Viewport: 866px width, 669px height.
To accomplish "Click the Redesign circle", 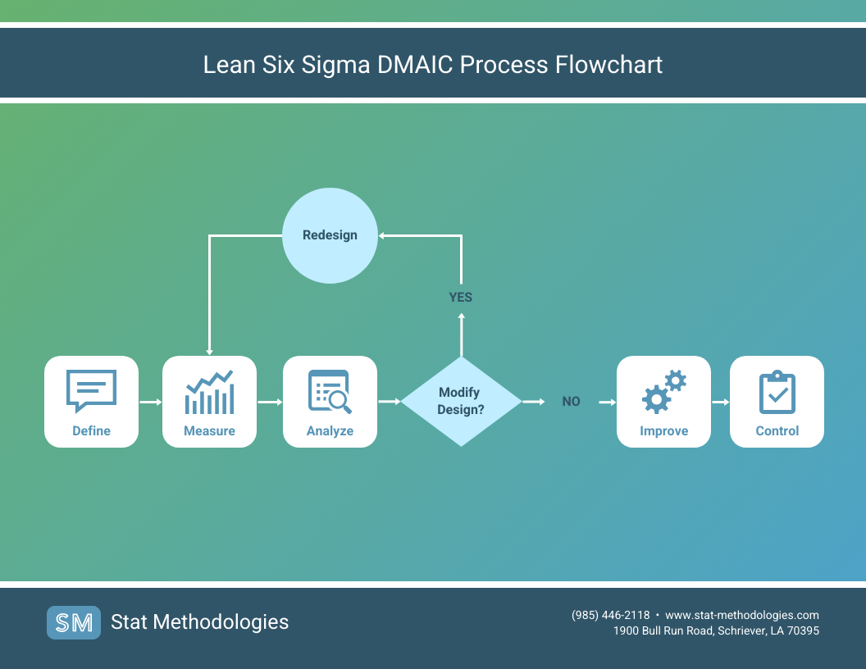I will coord(330,235).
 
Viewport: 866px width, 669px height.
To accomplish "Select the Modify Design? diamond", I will coord(460,401).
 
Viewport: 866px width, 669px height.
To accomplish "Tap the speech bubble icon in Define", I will coord(91,390).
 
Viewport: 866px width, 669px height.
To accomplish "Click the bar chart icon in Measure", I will coord(209,393).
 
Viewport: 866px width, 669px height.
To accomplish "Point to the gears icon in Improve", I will coord(663,391).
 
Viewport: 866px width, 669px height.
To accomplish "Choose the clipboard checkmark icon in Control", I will coord(777,392).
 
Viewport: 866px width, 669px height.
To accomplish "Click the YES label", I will coord(461,297).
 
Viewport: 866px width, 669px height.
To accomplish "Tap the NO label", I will coord(571,402).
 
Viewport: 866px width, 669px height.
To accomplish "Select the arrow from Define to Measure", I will coord(150,402).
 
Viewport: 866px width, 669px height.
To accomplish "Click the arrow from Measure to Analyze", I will coord(269,402).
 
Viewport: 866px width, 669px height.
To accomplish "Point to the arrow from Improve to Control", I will coord(720,402).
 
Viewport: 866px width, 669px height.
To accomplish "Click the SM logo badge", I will coord(74,622).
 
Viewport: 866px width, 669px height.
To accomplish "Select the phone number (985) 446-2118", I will coord(610,615).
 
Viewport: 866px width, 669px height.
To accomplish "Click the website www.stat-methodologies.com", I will coord(742,615).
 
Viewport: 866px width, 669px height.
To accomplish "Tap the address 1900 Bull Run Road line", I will coord(716,630).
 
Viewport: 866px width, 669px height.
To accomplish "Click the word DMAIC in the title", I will coord(415,65).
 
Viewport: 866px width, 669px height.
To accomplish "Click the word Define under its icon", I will coord(91,430).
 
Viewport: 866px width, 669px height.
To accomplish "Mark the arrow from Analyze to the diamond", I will coord(389,402).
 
